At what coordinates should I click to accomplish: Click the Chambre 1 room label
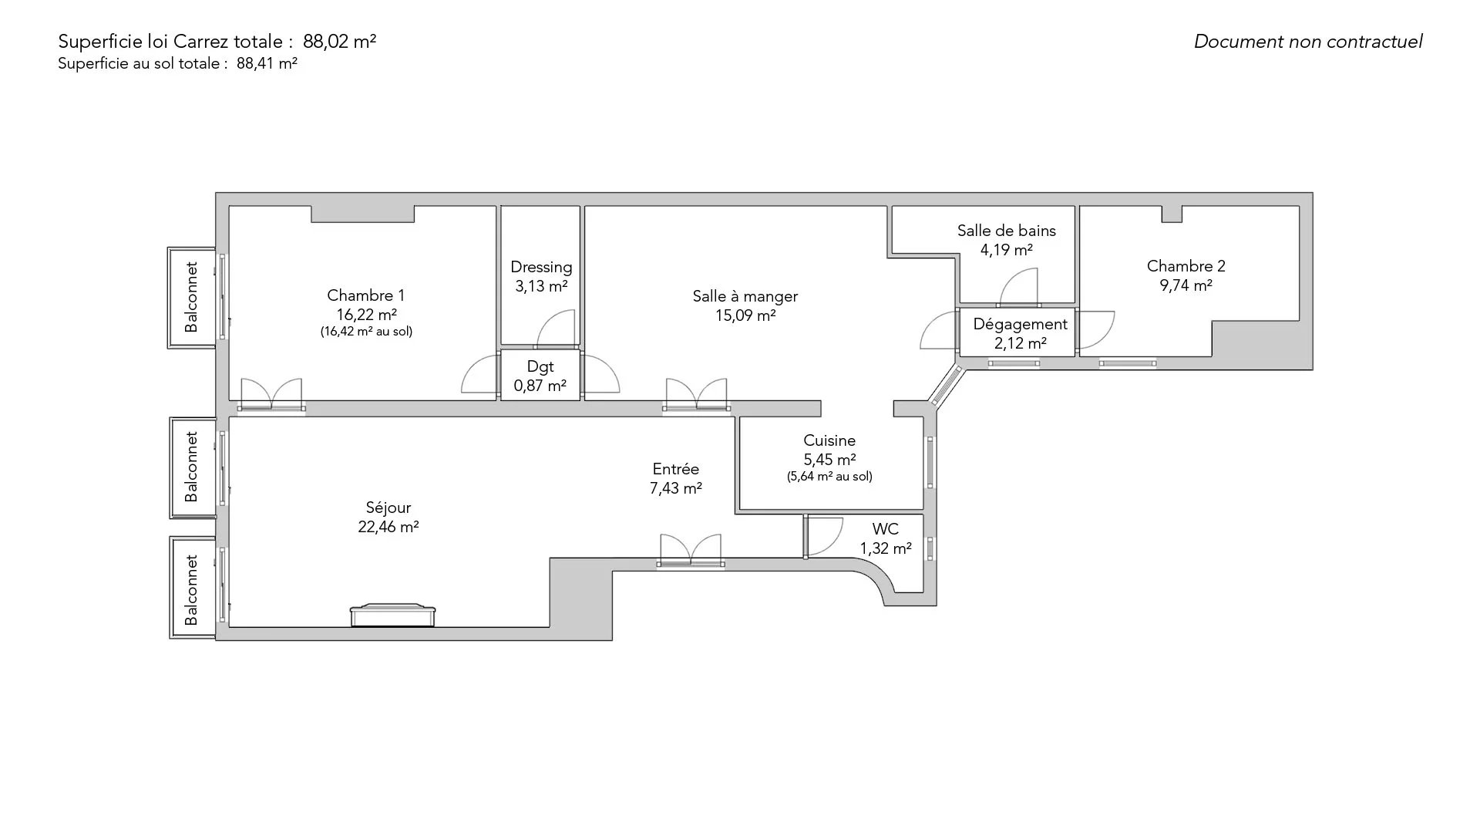point(365,295)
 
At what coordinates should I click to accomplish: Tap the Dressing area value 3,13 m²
point(541,286)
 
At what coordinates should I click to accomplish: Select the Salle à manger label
point(745,296)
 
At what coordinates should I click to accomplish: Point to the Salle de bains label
point(1006,231)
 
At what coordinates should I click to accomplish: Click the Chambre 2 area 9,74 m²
point(1186,285)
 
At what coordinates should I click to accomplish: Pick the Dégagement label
point(1020,325)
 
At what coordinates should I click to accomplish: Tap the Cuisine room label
point(829,440)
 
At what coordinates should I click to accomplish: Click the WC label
point(885,529)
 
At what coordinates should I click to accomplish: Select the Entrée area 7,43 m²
point(676,488)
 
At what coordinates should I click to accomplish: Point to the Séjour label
point(388,508)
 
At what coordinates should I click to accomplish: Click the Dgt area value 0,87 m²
point(540,386)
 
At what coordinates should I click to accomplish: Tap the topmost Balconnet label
point(191,297)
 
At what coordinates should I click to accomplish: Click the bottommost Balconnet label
point(191,590)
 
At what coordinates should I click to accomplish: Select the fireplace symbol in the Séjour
point(392,615)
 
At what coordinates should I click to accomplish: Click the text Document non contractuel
point(1308,42)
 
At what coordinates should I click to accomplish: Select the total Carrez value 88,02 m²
point(339,42)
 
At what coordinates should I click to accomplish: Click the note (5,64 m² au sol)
point(829,477)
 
